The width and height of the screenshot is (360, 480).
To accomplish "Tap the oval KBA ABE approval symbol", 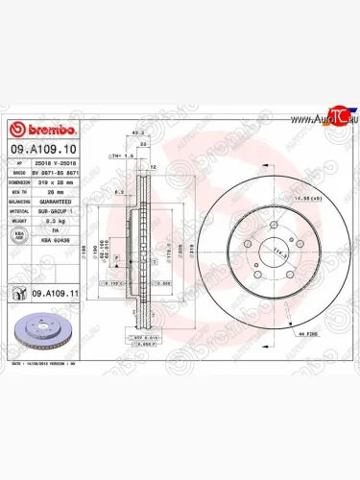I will pyautogui.click(x=19, y=233).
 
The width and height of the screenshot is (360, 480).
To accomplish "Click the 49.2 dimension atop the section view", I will pyautogui.click(x=137, y=132).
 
